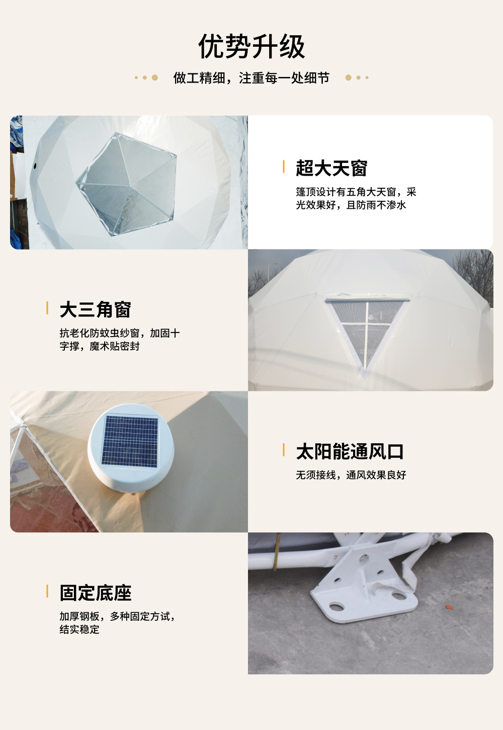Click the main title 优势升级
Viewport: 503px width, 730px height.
[x=251, y=47]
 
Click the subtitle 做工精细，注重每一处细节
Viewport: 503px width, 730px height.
[x=251, y=78]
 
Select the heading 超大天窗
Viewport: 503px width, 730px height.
[x=331, y=168]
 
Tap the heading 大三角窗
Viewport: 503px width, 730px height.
[x=96, y=310]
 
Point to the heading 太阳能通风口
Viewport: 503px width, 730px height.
[x=350, y=451]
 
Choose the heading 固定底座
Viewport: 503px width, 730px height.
[x=96, y=593]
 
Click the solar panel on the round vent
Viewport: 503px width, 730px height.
[x=130, y=441]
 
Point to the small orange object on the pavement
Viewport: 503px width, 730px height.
[x=447, y=607]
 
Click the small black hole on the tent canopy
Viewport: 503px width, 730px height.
[x=35, y=166]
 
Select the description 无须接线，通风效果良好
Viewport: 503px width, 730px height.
[x=351, y=475]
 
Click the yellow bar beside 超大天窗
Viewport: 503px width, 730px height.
[x=284, y=167]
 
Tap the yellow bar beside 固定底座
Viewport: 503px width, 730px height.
[x=47, y=591]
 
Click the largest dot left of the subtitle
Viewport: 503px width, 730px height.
[x=155, y=77]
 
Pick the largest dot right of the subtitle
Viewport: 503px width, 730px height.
[x=348, y=77]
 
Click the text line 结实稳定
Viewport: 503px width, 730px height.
[x=79, y=629]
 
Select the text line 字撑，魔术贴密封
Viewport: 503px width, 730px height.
[x=100, y=346]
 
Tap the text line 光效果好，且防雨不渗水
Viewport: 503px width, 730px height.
[x=351, y=205]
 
